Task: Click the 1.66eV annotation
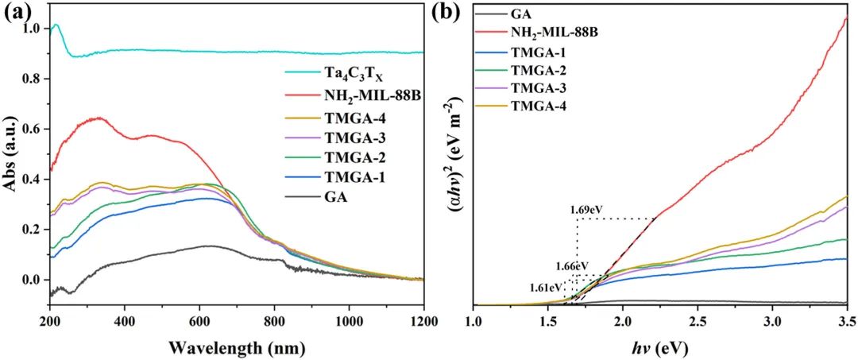(x=572, y=265)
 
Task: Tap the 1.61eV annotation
(x=546, y=286)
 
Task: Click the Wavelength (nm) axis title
(x=237, y=347)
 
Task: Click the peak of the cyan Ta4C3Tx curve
(x=55, y=25)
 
